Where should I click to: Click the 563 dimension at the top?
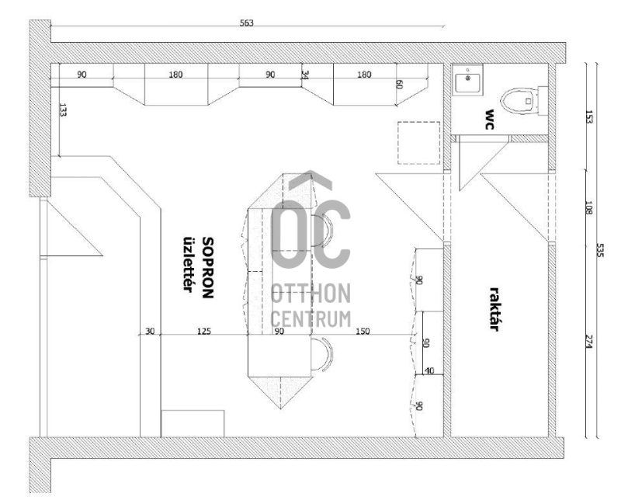246,23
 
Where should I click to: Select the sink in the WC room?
467,80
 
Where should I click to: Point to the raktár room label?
494,309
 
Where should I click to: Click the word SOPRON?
208,267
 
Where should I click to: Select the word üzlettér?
188,264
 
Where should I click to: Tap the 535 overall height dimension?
599,251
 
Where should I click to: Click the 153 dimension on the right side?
588,117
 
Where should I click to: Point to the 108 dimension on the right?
588,208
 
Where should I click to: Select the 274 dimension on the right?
588,342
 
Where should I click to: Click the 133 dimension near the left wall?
63,109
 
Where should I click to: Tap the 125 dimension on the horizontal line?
204,332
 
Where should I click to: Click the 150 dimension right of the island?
363,332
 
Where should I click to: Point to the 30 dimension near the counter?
150,332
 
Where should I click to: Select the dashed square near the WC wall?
418,143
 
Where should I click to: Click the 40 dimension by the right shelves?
429,371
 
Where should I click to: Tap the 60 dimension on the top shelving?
399,85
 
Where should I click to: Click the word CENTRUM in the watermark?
311,318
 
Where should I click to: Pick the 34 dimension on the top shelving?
304,75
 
